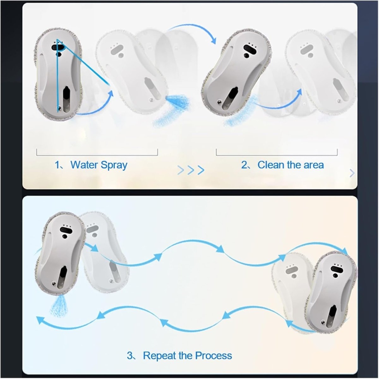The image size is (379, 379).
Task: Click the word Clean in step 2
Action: pos(271,165)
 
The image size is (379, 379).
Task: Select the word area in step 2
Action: pos(314,165)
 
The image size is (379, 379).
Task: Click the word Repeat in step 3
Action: pos(159,356)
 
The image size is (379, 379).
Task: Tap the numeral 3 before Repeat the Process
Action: pos(130,355)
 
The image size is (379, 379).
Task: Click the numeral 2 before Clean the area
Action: pos(244,165)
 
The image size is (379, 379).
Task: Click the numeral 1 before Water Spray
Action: pos(57,165)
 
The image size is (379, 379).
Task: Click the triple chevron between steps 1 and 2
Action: pos(191,170)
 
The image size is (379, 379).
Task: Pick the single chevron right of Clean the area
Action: pos(352,173)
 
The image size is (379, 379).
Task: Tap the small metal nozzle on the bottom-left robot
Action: pos(53,283)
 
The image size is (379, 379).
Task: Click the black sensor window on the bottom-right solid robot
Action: pos(337,269)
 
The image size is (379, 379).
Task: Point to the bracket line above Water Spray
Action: pos(97,155)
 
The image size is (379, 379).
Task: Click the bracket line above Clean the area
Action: pos(277,155)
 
